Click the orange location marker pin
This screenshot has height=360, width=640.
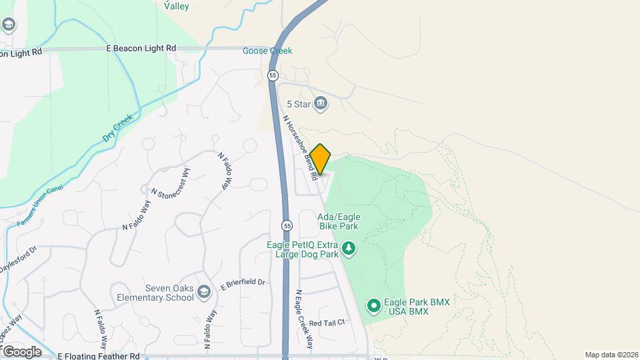click(321, 159)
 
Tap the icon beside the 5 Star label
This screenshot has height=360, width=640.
click(321, 104)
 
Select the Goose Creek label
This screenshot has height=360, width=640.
click(267, 51)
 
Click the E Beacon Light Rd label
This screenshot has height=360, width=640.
click(141, 48)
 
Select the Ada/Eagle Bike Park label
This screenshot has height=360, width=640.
click(338, 221)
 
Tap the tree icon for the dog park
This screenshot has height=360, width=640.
click(348, 249)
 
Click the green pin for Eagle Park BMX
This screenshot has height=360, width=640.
click(374, 307)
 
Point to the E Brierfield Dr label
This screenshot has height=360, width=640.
click(243, 283)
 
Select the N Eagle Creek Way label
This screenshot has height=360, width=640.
click(304, 319)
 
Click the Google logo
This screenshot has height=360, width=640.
click(21, 351)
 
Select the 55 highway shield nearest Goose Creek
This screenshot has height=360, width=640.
click(273, 76)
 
